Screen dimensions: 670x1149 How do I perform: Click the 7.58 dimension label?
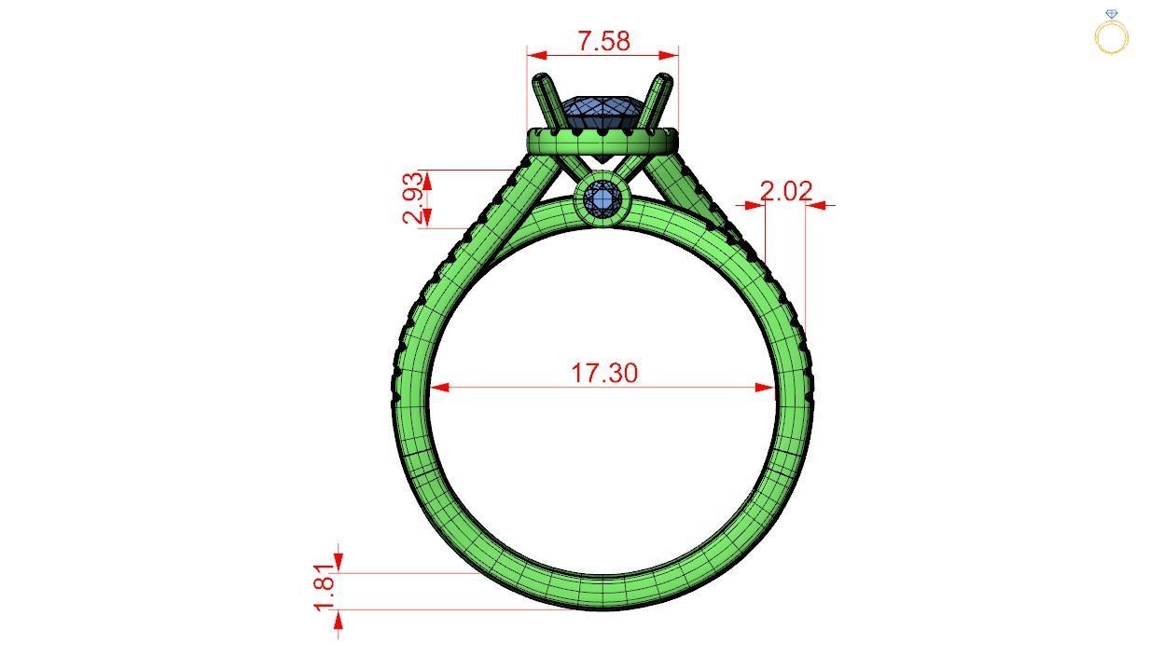(603, 41)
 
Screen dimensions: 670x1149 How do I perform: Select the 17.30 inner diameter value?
(604, 373)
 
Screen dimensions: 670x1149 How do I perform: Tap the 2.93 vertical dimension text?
(415, 198)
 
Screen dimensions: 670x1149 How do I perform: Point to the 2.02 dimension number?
(785, 192)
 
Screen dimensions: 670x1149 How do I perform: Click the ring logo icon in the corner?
(1111, 33)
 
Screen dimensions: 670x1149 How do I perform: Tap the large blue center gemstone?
(602, 114)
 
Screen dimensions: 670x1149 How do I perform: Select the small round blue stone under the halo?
(603, 199)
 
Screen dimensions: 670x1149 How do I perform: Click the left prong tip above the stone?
(542, 83)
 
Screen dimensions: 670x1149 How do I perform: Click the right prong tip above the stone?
(666, 82)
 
